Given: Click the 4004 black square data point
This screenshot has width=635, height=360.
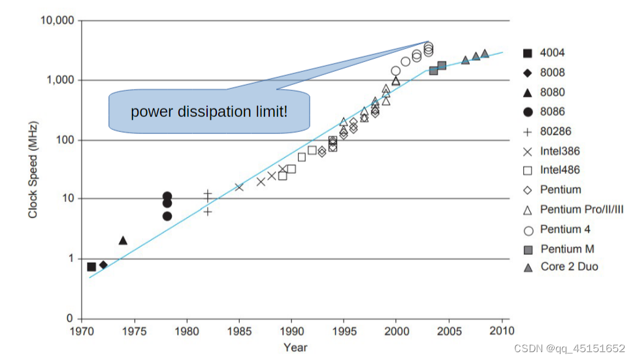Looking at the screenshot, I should coord(91,267).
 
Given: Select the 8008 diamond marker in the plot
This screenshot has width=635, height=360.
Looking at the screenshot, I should coord(103,265).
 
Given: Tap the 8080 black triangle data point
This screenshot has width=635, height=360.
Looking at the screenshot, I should coord(123,240).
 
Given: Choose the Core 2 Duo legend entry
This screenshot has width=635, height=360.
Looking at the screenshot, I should coord(568,267).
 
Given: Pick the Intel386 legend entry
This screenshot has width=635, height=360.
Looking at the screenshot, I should coord(560,151).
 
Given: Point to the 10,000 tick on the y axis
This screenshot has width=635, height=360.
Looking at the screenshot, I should coord(57,21).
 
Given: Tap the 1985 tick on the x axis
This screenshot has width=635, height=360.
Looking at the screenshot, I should coord(239,331).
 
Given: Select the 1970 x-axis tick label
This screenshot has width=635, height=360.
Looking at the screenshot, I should coord(82,331).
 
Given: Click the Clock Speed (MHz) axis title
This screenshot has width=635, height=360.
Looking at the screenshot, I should coord(33,169).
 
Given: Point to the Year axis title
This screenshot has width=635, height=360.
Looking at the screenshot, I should coord(295,348).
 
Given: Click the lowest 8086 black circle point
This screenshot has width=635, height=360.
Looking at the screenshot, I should coord(167,216).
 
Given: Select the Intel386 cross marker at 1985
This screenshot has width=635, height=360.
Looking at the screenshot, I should coord(239,187).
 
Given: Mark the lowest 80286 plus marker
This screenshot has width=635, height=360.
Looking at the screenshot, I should coord(208,211).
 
